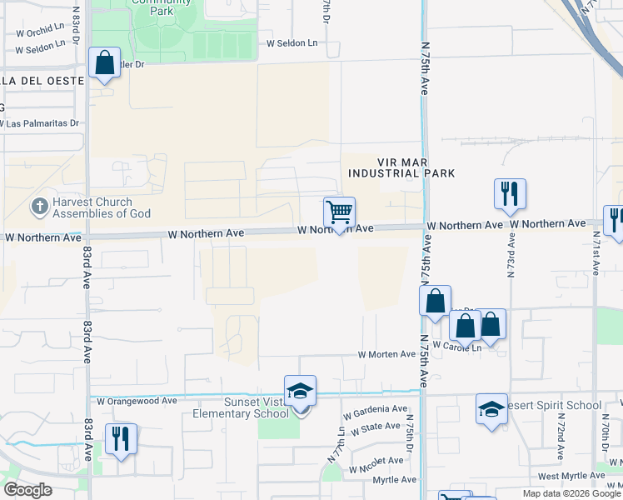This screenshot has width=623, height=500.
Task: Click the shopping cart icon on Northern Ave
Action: pos(339,212)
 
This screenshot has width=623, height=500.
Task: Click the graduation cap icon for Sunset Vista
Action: pos(300,391)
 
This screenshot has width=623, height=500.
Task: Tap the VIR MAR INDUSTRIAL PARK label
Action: pos(401,167)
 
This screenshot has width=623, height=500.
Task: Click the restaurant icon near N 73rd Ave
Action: pos(509,194)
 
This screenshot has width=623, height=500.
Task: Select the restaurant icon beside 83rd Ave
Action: pos(121,438)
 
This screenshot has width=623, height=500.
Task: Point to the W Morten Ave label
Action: pos(386,354)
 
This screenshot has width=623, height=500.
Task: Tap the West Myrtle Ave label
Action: pos(571,476)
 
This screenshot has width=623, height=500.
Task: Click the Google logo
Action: pos(27,490)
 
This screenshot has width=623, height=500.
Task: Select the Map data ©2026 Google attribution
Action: pos(571,493)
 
